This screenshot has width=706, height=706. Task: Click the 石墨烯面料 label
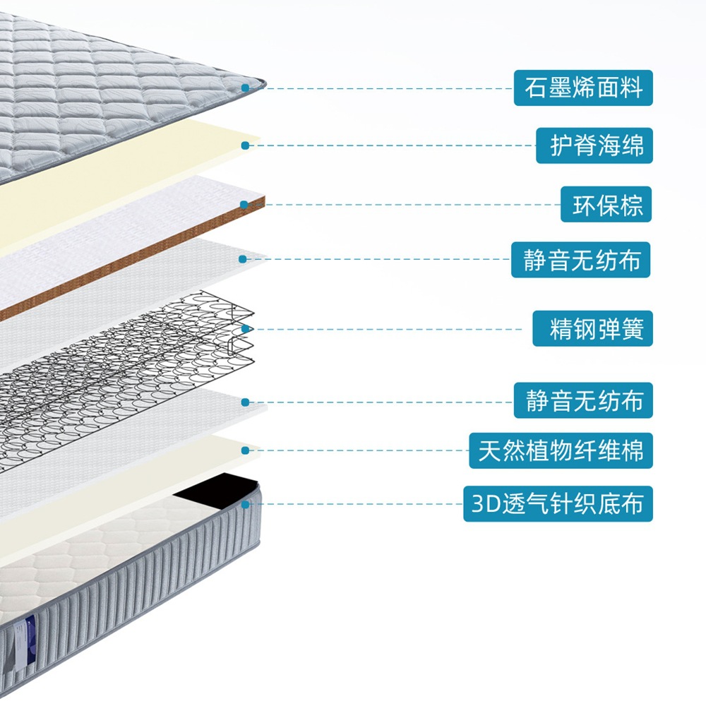pyautogui.click(x=583, y=88)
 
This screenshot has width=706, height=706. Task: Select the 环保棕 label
pyautogui.click(x=606, y=204)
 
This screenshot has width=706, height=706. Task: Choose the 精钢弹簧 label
pyautogui.click(x=592, y=329)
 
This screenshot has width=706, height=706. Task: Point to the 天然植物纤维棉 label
pyautogui.click(x=561, y=450)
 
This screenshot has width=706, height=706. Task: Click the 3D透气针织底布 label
pyautogui.click(x=558, y=504)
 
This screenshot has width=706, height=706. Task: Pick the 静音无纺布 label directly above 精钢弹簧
pyautogui.click(x=581, y=260)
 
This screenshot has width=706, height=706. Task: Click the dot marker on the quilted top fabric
pyautogui.click(x=245, y=88)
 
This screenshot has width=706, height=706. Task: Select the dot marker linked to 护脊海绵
pyautogui.click(x=244, y=145)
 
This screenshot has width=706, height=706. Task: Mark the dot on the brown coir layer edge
pyautogui.click(x=244, y=205)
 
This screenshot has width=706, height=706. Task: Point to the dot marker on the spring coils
pyautogui.click(x=245, y=329)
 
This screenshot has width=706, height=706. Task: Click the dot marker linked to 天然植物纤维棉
pyautogui.click(x=245, y=449)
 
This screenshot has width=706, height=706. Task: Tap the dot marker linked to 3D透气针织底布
pyautogui.click(x=245, y=504)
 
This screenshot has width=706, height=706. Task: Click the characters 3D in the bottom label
pyautogui.click(x=486, y=505)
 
